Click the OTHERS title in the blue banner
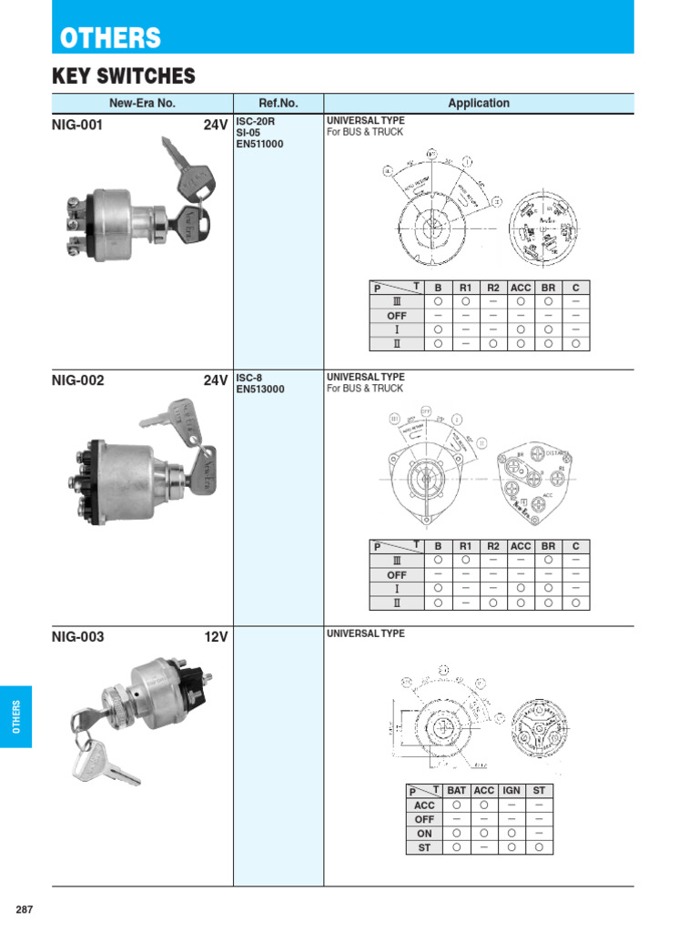pyautogui.click(x=110, y=38)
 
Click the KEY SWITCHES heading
pyautogui.click(x=124, y=76)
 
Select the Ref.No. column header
pyautogui.click(x=279, y=104)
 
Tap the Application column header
pyautogui.click(x=479, y=104)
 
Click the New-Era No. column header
pyautogui.click(x=142, y=104)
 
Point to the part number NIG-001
pyautogui.click(x=77, y=126)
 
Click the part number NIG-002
pyautogui.click(x=78, y=380)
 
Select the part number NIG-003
pyautogui.click(x=78, y=637)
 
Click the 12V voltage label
pyautogui.click(x=216, y=637)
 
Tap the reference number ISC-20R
pyautogui.click(x=256, y=121)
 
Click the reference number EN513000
pyautogui.click(x=260, y=389)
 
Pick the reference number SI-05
pyautogui.click(x=248, y=132)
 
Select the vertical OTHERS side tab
pyautogui.click(x=15, y=716)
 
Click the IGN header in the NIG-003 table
pyautogui.click(x=512, y=791)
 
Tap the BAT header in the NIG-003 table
pyautogui.click(x=456, y=791)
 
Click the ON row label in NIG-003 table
pyautogui.click(x=424, y=833)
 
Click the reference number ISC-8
pyautogui.click(x=249, y=377)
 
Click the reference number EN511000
pyautogui.click(x=260, y=143)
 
